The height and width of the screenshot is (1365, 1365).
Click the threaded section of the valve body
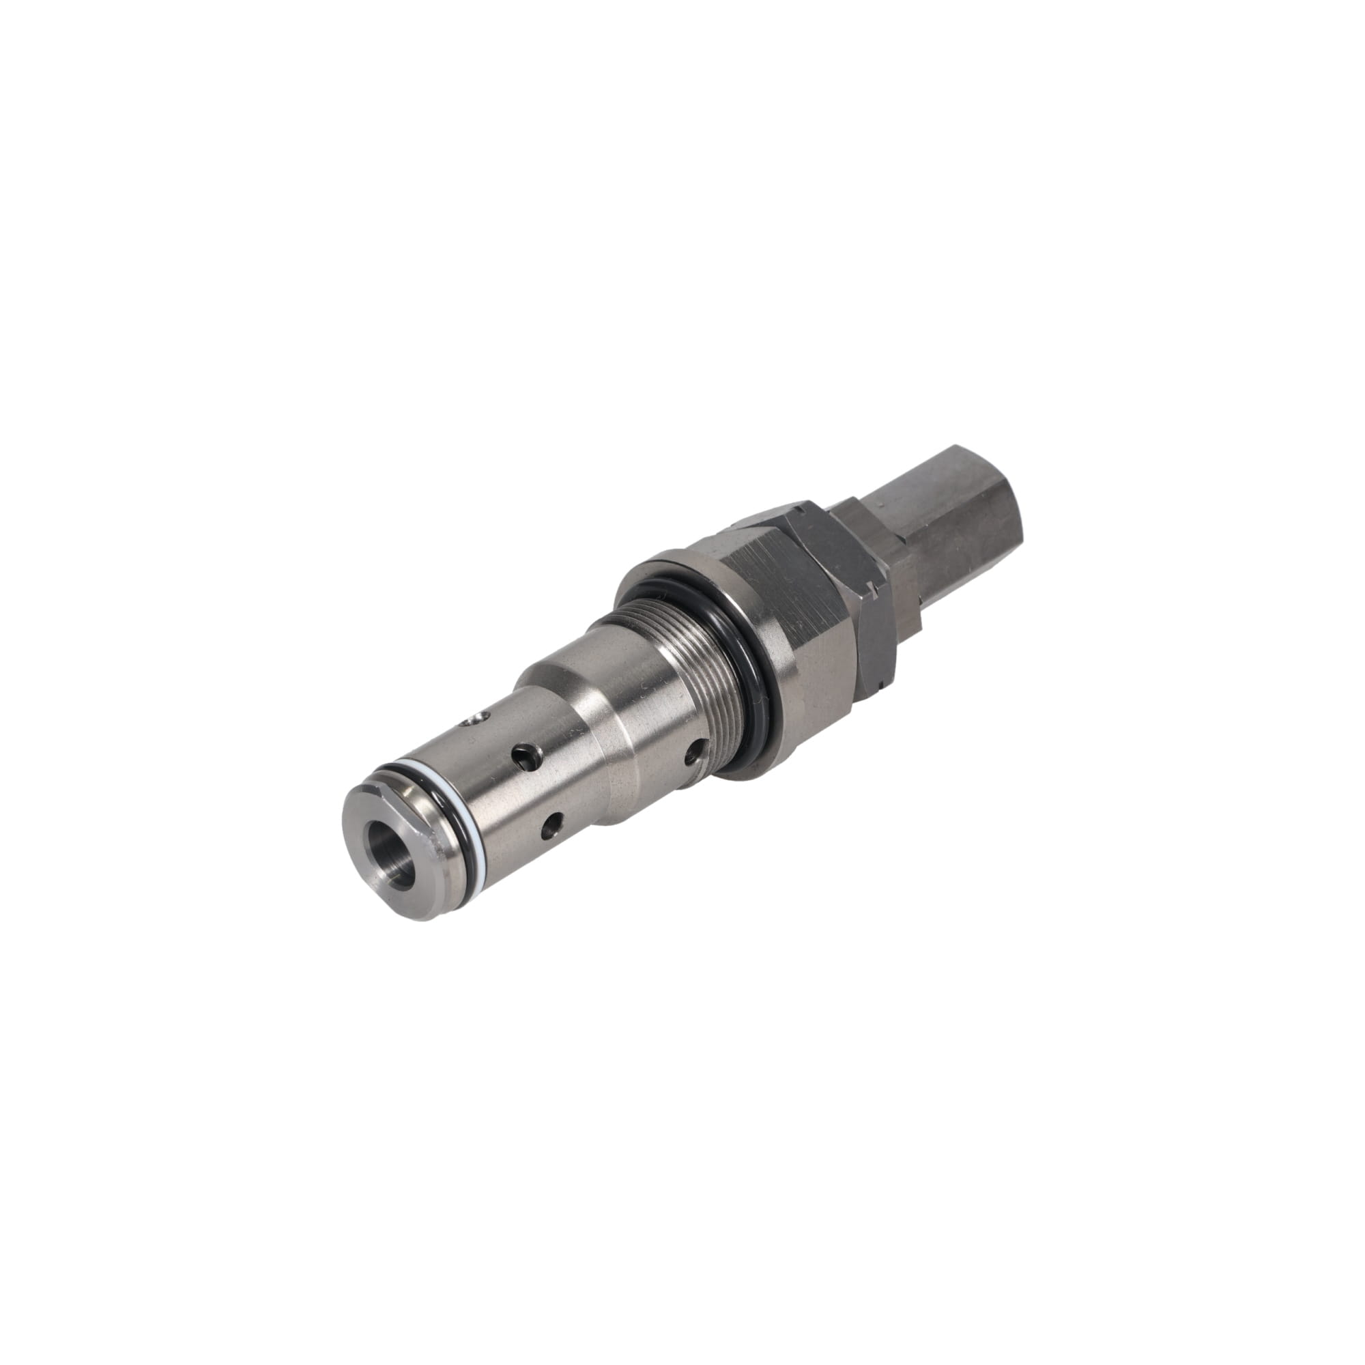tap(678, 657)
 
